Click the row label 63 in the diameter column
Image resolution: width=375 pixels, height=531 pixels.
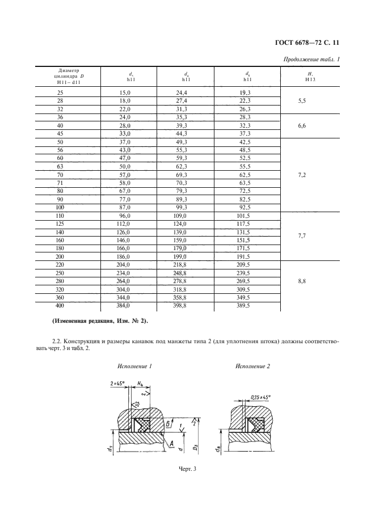pos(61,168)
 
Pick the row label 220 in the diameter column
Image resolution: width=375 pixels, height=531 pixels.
pos(61,265)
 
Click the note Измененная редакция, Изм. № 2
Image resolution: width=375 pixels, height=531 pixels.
pos(99,321)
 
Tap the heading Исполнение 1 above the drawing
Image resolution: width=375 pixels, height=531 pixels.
pos(135,366)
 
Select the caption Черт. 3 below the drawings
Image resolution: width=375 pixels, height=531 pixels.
pos(187,468)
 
